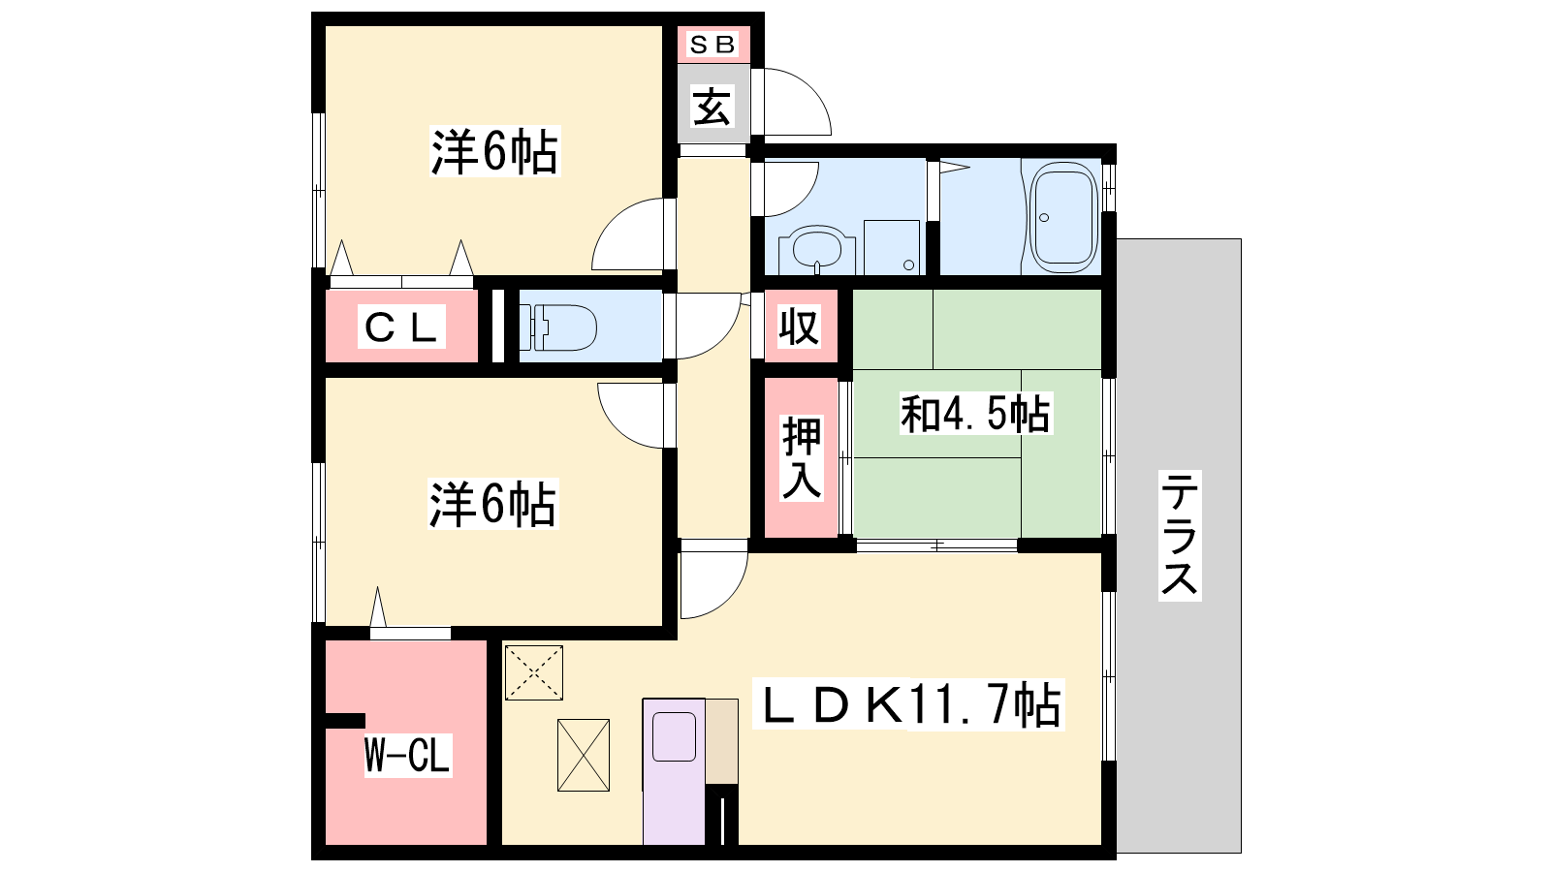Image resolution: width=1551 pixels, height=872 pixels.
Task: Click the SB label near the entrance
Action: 712,45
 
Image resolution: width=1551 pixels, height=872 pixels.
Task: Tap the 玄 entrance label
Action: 712,108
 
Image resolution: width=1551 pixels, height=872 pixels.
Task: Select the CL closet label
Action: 401,327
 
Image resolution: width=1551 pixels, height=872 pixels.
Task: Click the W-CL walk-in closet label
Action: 407,755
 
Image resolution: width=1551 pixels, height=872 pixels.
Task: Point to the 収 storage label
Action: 799,326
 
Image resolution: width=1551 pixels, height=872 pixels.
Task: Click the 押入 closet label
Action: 801,457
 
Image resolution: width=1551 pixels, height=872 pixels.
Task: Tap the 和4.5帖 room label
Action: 975,413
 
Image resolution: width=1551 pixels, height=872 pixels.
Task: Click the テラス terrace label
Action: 1179,534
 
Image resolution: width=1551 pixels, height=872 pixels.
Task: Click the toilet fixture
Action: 558,327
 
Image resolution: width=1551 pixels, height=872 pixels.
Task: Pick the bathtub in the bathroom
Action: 1062,217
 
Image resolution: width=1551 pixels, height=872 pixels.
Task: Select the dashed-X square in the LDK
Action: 534,672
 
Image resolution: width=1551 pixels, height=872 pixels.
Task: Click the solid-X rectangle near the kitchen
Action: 584,755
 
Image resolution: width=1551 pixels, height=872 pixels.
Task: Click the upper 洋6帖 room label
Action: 493,151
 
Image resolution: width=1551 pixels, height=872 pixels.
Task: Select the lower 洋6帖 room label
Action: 492,505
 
